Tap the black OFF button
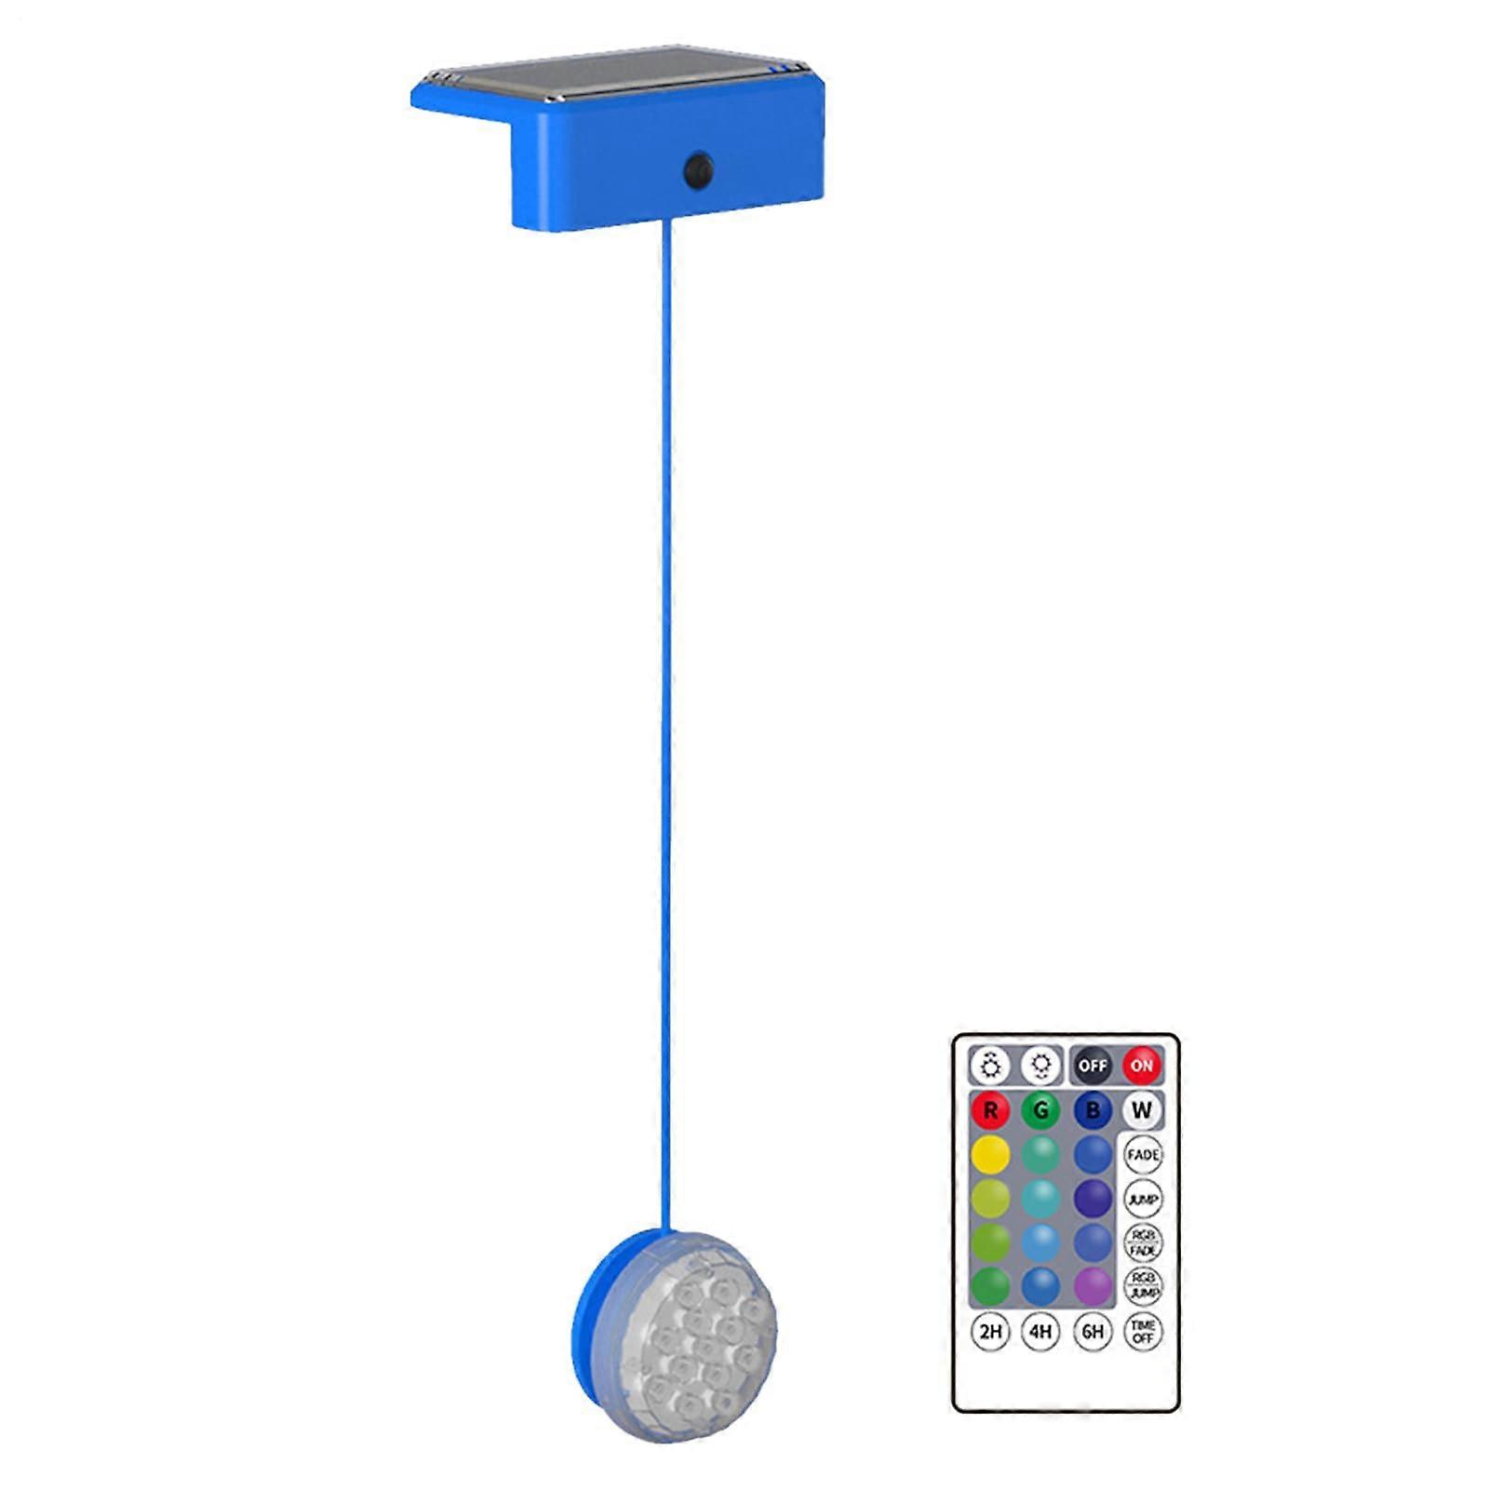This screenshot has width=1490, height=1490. click(1092, 1065)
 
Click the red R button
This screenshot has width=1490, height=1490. click(990, 1110)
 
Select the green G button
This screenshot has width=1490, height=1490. click(1040, 1110)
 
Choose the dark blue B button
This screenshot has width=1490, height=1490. click(1093, 1110)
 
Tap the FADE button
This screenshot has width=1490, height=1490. click(1143, 1155)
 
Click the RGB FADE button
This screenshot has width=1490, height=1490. click(1143, 1243)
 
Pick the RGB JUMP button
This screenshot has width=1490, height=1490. click(1143, 1287)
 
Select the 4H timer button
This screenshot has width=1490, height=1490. click(1040, 1332)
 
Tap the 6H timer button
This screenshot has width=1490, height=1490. click(1093, 1332)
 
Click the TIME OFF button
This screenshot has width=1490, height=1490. click(1143, 1332)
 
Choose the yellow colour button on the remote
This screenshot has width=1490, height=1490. click(990, 1155)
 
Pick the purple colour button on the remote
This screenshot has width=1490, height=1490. click(1093, 1287)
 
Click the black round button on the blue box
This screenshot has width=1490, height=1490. click(698, 170)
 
